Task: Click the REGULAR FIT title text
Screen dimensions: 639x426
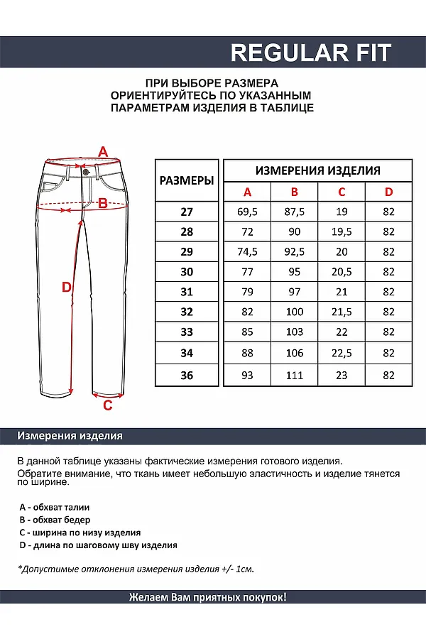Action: (x=310, y=53)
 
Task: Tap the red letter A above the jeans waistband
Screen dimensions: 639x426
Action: (x=102, y=152)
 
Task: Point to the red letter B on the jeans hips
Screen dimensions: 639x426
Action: (x=102, y=204)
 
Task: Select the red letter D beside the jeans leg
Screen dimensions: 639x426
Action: (x=66, y=287)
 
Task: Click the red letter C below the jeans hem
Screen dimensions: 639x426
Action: (x=108, y=405)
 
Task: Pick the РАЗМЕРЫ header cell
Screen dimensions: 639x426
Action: (x=187, y=181)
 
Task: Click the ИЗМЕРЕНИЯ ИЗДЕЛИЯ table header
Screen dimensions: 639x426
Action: (x=317, y=170)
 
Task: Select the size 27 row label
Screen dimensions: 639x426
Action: (x=187, y=212)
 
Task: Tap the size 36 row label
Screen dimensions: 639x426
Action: (x=187, y=376)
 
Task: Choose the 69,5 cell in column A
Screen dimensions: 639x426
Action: (x=247, y=212)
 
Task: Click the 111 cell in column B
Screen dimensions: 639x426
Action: (x=295, y=376)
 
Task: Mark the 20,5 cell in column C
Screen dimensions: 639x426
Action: (x=342, y=271)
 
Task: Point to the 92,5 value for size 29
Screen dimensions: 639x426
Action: (x=295, y=251)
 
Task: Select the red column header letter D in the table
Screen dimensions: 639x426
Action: (x=388, y=192)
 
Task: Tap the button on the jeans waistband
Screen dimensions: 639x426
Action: (x=86, y=171)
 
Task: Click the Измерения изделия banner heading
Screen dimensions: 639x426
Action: (x=70, y=436)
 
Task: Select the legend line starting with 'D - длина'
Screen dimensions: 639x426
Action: (x=98, y=545)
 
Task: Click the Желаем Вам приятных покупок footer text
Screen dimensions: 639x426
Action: (x=208, y=598)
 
